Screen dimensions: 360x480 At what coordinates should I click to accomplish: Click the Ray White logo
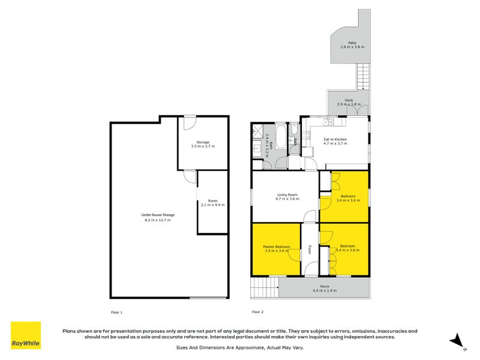click(x=26, y=335)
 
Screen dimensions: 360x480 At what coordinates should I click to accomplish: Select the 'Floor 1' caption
click(x=116, y=312)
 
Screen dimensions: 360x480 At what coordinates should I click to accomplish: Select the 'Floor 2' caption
click(x=257, y=312)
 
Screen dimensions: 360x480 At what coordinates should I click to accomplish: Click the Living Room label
click(x=287, y=196)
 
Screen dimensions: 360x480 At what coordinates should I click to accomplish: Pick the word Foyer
click(x=310, y=249)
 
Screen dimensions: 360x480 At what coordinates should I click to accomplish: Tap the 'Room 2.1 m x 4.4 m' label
click(x=213, y=203)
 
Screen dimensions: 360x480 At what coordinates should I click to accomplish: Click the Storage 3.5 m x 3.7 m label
click(x=203, y=144)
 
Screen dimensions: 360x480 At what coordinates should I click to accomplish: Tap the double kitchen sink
click(x=327, y=122)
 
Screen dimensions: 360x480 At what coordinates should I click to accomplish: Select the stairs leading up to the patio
click(x=364, y=77)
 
